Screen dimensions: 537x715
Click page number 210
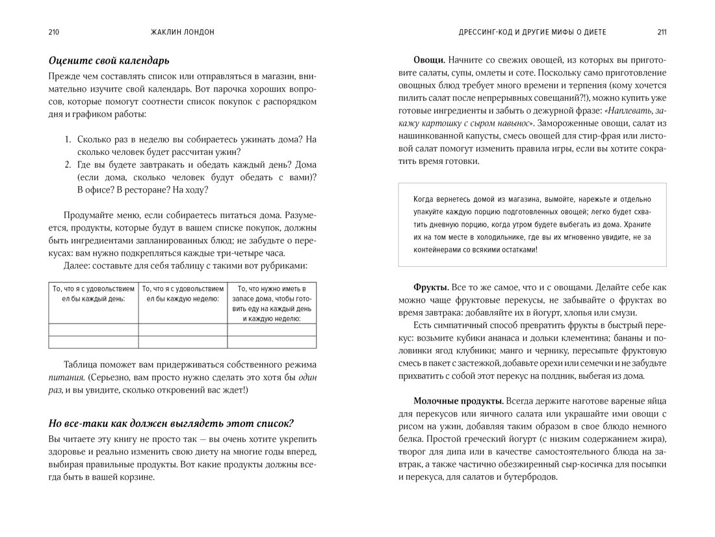pos(54,32)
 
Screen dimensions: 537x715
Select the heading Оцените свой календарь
pos(109,61)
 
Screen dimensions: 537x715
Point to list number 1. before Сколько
pos(68,139)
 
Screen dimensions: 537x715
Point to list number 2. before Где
pos(68,165)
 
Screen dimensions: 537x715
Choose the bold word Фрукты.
pos(430,288)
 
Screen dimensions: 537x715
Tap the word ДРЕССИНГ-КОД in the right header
pos(484,32)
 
